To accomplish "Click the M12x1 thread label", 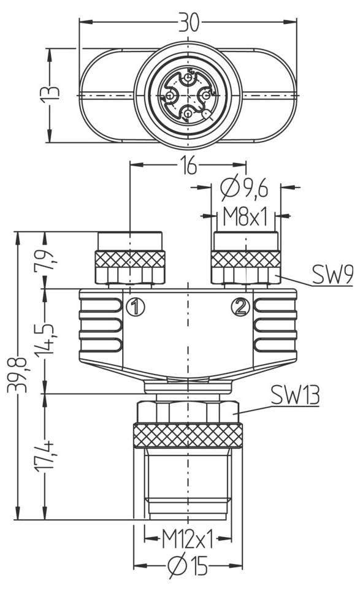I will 186,540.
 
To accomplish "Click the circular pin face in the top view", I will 187,96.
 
